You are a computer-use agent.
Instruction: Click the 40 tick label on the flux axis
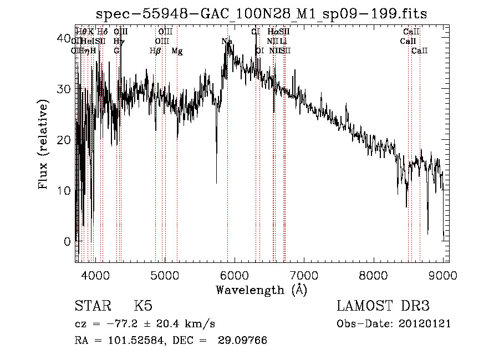(x=64, y=38)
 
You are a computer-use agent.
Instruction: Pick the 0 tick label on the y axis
(x=68, y=241)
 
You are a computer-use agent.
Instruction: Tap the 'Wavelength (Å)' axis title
(x=261, y=290)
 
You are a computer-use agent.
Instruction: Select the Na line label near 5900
(x=227, y=42)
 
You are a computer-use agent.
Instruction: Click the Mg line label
(x=177, y=51)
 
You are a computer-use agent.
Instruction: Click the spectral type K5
(x=143, y=306)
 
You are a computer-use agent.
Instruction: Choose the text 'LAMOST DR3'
(x=383, y=306)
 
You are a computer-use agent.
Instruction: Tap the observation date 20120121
(x=425, y=323)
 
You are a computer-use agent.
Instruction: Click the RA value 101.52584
(x=136, y=341)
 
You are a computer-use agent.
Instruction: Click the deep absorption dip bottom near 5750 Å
(x=216, y=182)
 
